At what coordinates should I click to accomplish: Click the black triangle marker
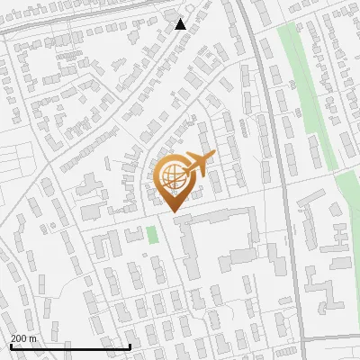pyautogui.click(x=181, y=23)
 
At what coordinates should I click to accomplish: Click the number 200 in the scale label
pyautogui.click(x=19, y=338)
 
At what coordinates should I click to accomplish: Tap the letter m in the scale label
pyautogui.click(x=33, y=338)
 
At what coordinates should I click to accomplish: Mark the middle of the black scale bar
pyautogui.click(x=70, y=346)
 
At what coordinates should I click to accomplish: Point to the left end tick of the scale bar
pyautogui.click(x=11, y=346)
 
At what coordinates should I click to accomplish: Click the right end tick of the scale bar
pyautogui.click(x=130, y=346)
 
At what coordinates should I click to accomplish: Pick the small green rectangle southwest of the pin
pyautogui.click(x=152, y=234)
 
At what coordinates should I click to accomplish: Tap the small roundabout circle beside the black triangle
pyautogui.click(x=172, y=14)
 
